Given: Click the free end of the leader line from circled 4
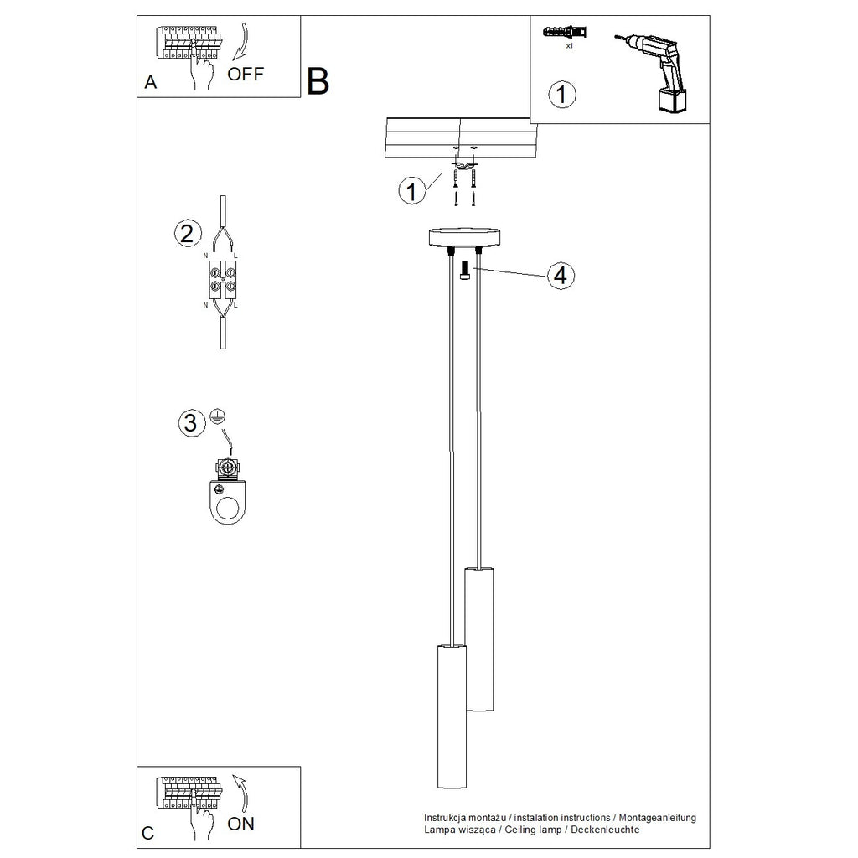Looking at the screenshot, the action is [x=474, y=268].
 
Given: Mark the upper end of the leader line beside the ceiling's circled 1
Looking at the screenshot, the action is [x=442, y=173].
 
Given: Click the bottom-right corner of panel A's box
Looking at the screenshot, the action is [x=301, y=97].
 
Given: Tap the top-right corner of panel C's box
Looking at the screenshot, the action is [x=301, y=767].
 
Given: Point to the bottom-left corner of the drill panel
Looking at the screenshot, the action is [x=530, y=123].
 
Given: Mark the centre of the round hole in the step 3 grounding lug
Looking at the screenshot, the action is [x=228, y=509].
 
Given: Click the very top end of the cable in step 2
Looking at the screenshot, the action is [x=223, y=196].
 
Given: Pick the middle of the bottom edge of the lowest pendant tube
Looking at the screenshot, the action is [x=452, y=788].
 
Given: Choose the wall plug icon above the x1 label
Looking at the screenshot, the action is [x=565, y=32].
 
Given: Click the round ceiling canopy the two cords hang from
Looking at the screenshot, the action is [x=464, y=237].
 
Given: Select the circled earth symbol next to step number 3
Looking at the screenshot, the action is [x=218, y=416].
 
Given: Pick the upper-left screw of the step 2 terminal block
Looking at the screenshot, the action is [x=215, y=271].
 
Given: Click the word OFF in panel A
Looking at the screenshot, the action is [x=246, y=74].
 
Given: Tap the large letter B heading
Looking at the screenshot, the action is [x=318, y=81].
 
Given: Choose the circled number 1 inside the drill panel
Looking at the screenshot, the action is [x=562, y=94].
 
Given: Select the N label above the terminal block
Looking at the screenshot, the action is [x=206, y=256].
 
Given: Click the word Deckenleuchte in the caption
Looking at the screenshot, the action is [x=605, y=830].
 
